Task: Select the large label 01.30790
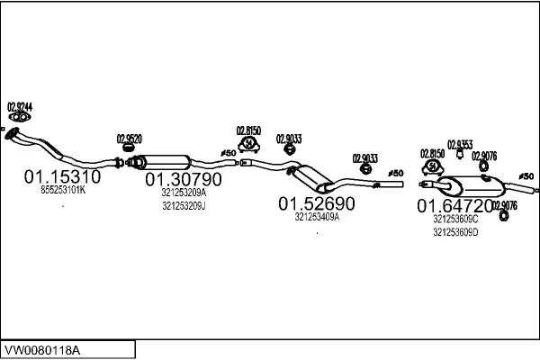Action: (x=183, y=179)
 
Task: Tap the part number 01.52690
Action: (x=316, y=203)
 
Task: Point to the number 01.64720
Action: (x=454, y=206)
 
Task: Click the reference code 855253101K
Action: (x=63, y=191)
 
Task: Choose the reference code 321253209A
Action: (x=184, y=193)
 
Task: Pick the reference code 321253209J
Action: (x=184, y=206)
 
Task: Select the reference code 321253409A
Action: (x=317, y=217)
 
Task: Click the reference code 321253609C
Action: (x=455, y=219)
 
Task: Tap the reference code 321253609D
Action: (x=455, y=232)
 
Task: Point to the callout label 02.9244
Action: (x=20, y=106)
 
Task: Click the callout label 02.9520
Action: (x=130, y=138)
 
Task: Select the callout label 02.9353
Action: (x=460, y=144)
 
